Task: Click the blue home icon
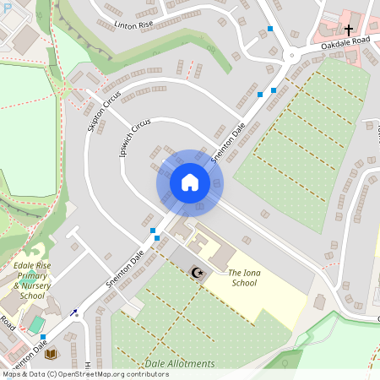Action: [x=190, y=182]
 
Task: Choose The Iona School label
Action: [x=254, y=278]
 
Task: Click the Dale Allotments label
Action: [x=180, y=364]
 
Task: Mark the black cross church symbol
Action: [x=349, y=53]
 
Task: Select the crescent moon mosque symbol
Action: [x=198, y=272]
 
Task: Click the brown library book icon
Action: [x=50, y=353]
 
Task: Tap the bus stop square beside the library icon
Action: [x=43, y=338]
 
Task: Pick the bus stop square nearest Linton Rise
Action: [x=270, y=29]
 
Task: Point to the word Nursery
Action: [x=46, y=285]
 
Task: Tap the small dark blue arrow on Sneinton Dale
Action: [x=73, y=312]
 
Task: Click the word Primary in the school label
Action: [x=32, y=276]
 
